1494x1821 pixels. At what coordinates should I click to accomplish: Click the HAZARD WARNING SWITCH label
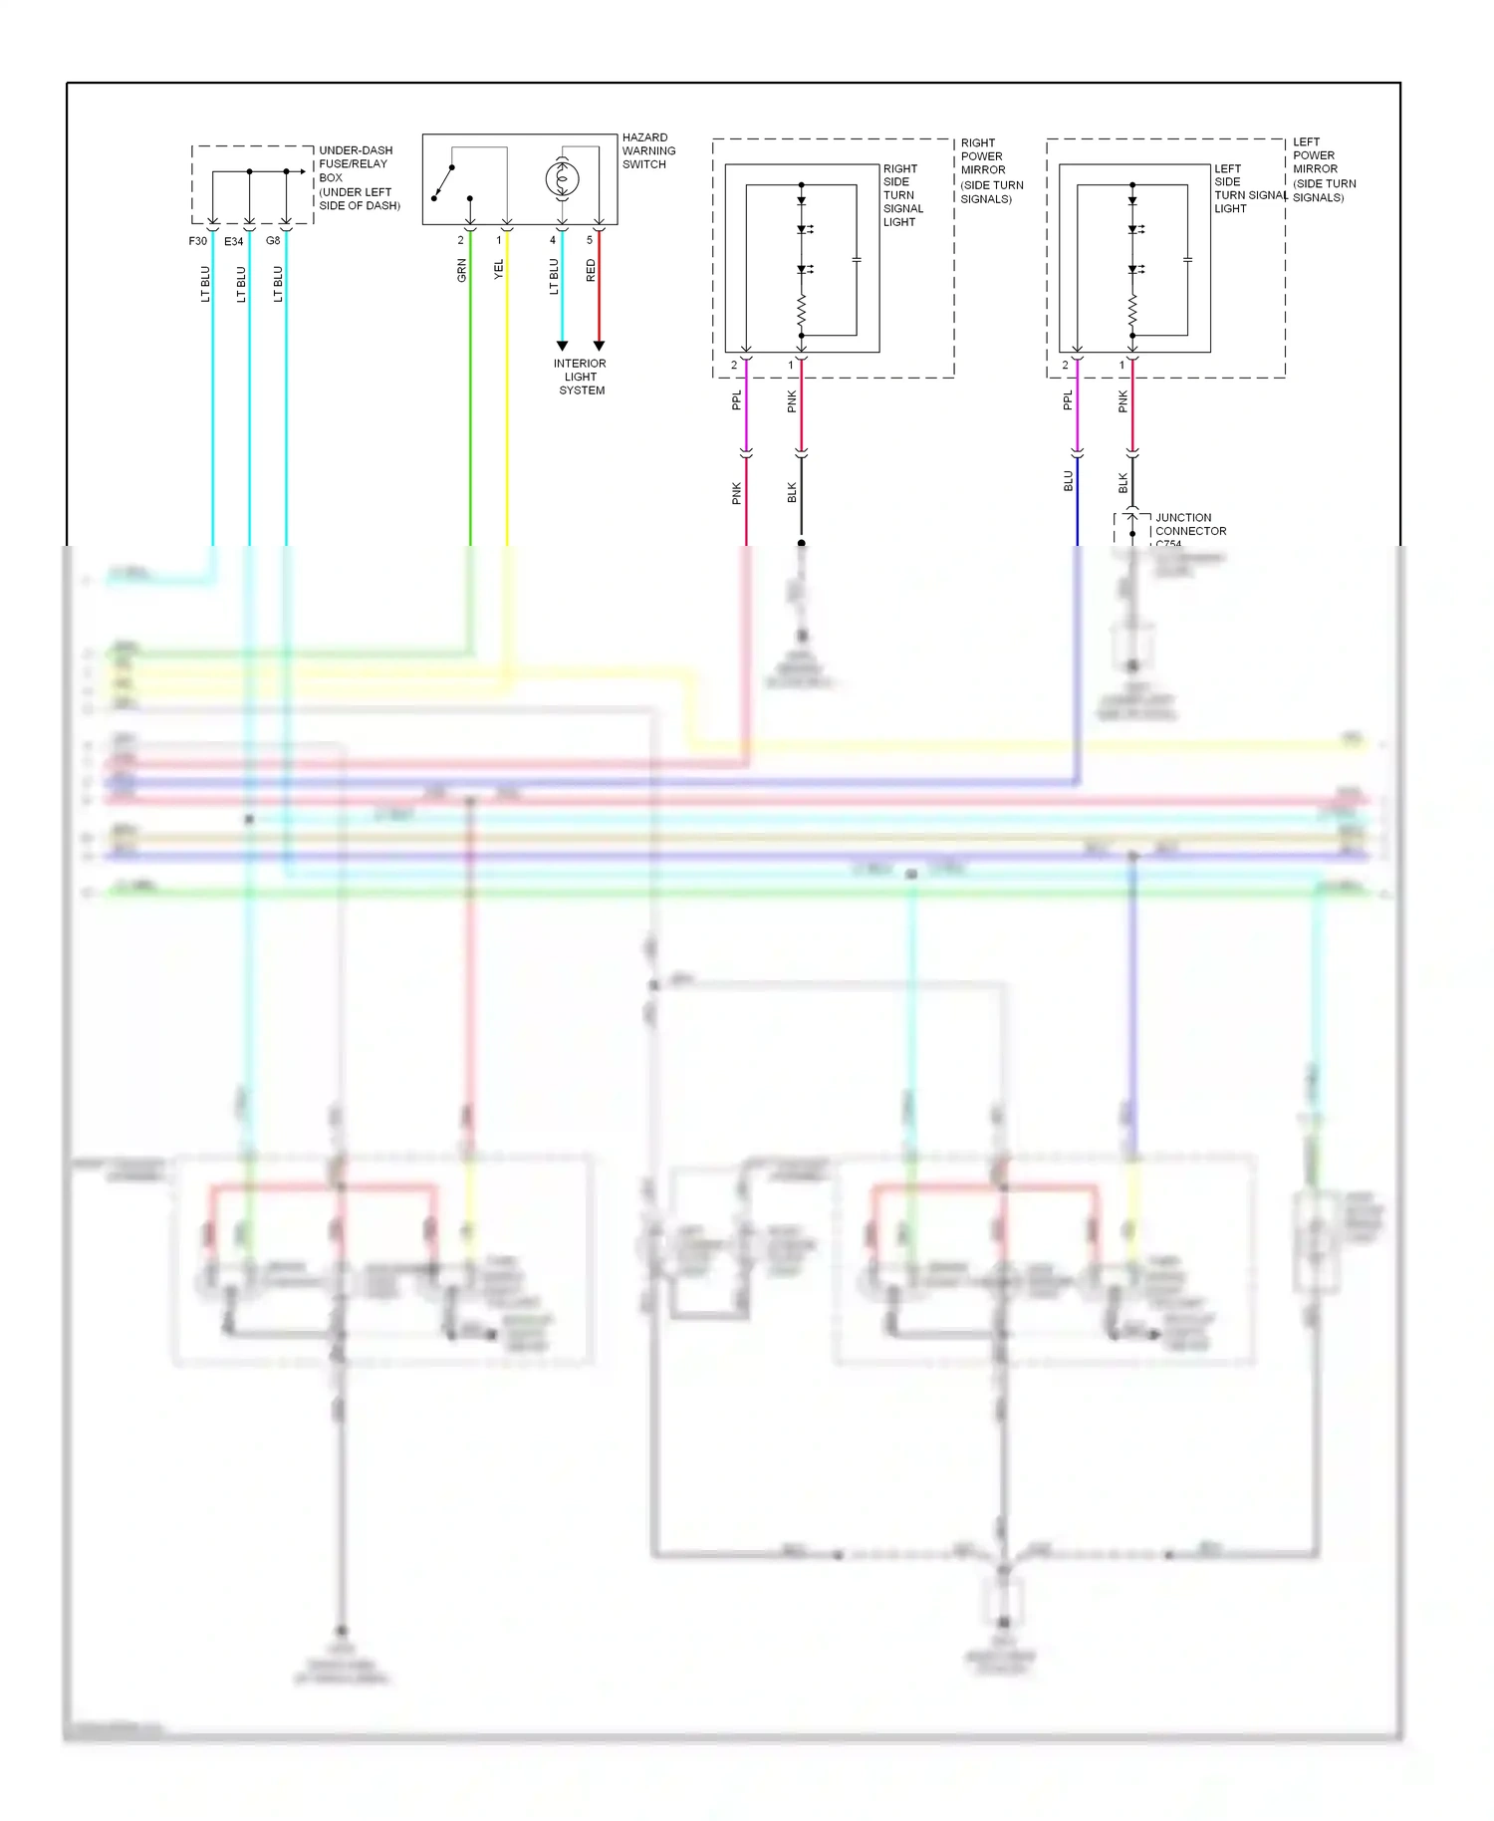coord(648,151)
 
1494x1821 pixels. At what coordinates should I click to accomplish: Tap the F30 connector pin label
coord(198,241)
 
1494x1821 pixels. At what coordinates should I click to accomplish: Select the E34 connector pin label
coord(234,241)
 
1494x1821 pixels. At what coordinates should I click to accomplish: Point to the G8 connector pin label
coord(273,241)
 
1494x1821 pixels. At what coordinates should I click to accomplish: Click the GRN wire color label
coord(462,270)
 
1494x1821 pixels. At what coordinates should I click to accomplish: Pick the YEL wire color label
coord(499,269)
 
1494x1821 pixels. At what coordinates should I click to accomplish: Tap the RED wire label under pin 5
coord(591,270)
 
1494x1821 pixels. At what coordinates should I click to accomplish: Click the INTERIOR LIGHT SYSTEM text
coord(581,377)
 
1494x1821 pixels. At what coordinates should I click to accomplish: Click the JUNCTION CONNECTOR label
coord(1190,525)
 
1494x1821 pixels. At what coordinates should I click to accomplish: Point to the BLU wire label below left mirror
coord(1069,481)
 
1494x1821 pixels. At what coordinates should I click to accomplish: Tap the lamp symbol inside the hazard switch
coord(562,179)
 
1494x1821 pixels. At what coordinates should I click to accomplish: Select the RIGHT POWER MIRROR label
coord(990,170)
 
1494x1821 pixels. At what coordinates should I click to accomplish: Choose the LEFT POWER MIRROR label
coord(1323,169)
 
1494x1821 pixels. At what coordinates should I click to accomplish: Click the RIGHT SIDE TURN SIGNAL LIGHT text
coord(902,195)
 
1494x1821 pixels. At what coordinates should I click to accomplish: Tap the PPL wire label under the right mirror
coord(737,400)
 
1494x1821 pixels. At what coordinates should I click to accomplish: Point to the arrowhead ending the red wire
coord(599,346)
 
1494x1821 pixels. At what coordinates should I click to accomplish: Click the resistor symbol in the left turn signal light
coord(1132,312)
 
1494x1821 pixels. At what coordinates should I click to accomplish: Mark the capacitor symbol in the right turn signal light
coord(857,260)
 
